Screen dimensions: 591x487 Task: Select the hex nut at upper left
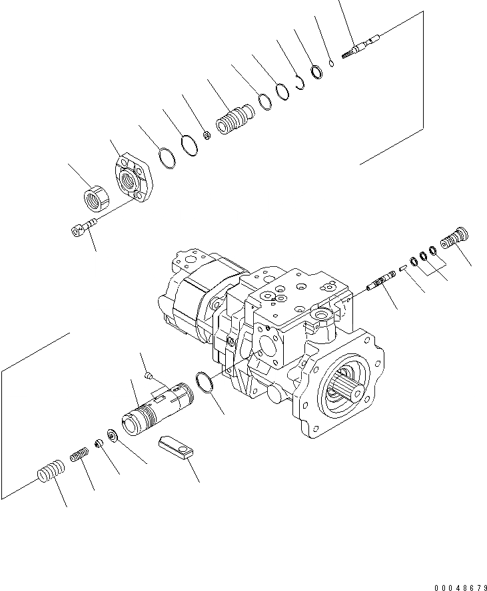[97, 198]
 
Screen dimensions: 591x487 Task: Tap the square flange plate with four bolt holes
[137, 176]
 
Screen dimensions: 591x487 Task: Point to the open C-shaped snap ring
[300, 82]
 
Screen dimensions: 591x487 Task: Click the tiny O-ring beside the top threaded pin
[331, 64]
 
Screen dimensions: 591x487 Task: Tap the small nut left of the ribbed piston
[207, 136]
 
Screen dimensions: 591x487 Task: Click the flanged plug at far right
[456, 238]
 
